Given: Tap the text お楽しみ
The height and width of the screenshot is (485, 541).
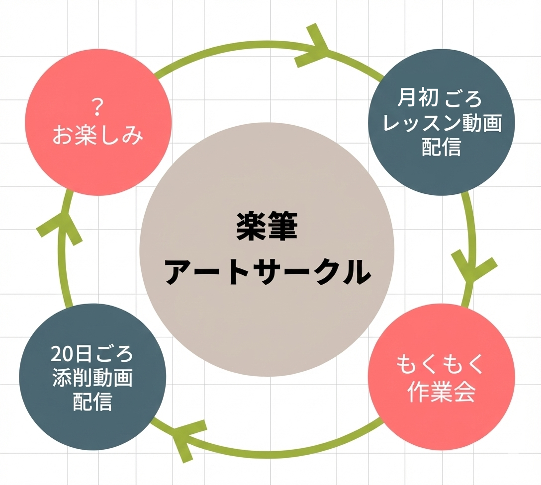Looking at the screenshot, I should click(98, 135).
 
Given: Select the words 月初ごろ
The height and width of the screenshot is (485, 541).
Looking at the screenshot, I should click(440, 99).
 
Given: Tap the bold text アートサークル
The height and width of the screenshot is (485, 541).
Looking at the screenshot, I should click(268, 272).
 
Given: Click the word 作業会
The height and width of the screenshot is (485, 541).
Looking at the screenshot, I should click(441, 393).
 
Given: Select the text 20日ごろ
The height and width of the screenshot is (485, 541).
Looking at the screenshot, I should click(92, 354).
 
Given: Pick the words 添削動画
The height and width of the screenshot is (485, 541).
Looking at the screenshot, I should click(92, 379).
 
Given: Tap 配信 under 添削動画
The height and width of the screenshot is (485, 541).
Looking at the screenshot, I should click(92, 402).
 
